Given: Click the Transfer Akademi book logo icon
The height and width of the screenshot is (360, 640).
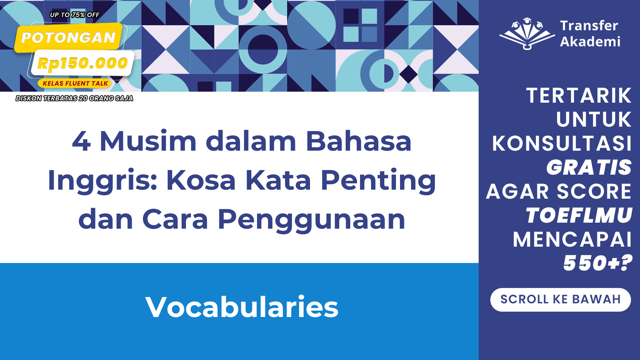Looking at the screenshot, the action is pos(527,33).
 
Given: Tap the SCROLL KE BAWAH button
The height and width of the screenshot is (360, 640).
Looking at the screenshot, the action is pos(560,300).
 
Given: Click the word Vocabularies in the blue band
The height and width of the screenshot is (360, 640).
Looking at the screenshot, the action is pos(242,307).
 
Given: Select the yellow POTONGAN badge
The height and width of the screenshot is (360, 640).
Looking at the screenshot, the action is pos(68,37).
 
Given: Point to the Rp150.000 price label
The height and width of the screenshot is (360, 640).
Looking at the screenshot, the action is pos(82,63).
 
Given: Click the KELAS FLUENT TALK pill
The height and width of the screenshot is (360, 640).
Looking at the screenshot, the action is pos(75,83).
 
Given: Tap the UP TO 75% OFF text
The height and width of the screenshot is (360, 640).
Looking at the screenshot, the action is pos(75,15).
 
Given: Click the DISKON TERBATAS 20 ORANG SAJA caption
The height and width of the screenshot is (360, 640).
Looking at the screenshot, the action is pos(74,98).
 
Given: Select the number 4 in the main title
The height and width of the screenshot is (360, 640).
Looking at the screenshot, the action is pos(81,141).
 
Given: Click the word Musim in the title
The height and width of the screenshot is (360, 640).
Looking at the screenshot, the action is pos(148,141).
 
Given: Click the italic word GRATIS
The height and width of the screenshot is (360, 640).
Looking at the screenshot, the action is pos(589,167).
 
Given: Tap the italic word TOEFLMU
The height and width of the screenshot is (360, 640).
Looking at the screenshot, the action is pos(579,215).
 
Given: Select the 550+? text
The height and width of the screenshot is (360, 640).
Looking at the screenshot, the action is pos(598,263).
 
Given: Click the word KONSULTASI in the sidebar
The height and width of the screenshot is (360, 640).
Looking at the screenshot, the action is pos(562,144).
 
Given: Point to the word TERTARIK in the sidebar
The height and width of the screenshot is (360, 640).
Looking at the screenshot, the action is pos(579,96).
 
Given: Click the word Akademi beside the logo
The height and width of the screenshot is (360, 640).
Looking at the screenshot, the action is pos(590,42).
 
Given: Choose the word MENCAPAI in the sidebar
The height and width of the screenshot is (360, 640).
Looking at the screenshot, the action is pos(572,239).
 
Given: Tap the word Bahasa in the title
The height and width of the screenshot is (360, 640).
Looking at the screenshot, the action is pos(359,141).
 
